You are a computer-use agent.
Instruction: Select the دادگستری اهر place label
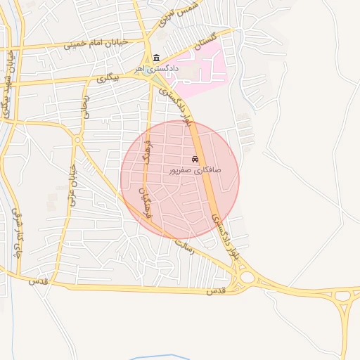pos(157,70)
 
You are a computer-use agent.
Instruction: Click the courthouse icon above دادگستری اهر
pos(155,58)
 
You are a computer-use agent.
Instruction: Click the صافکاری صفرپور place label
pos(195,170)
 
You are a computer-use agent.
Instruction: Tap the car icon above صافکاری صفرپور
pos(195,160)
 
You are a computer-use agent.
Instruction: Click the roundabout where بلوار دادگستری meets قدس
pos(246,278)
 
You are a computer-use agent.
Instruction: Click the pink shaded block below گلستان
pos(201,70)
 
